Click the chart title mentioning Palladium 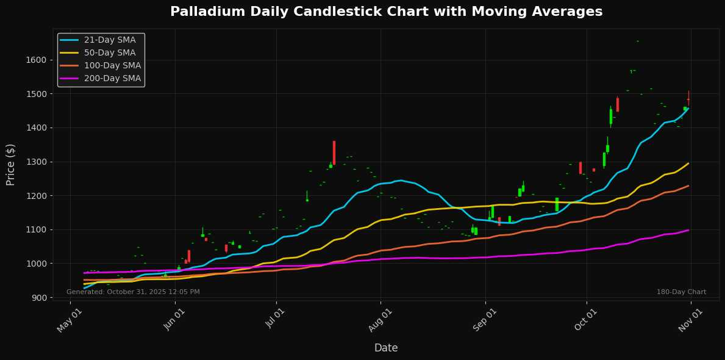click(386, 12)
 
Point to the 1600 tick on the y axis click(36, 60)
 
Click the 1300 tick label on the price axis click(36, 162)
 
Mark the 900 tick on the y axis click(38, 297)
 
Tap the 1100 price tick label click(36, 229)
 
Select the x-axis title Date click(386, 348)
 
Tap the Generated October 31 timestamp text click(133, 292)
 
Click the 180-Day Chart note click(681, 292)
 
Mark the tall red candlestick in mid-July click(334, 153)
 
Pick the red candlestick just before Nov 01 click(688, 99)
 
